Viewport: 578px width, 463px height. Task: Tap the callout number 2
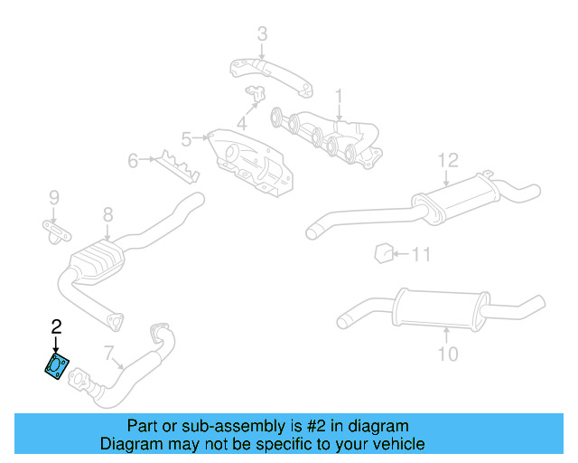coord(56,326)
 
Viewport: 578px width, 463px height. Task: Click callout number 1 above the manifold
coord(340,96)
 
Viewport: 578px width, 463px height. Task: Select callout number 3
coord(262,34)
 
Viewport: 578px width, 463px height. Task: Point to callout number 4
coord(242,124)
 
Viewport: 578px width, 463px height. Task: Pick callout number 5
coord(187,138)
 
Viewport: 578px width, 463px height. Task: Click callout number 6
coord(134,161)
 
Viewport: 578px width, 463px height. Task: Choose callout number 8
coord(107,215)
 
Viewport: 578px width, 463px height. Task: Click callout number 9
coord(53,197)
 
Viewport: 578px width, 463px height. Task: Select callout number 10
coord(449,353)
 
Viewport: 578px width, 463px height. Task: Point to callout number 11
coord(422,254)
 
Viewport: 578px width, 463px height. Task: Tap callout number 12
coord(449,161)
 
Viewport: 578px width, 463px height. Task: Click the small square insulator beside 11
coord(382,252)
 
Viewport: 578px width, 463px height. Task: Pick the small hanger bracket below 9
coord(56,231)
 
